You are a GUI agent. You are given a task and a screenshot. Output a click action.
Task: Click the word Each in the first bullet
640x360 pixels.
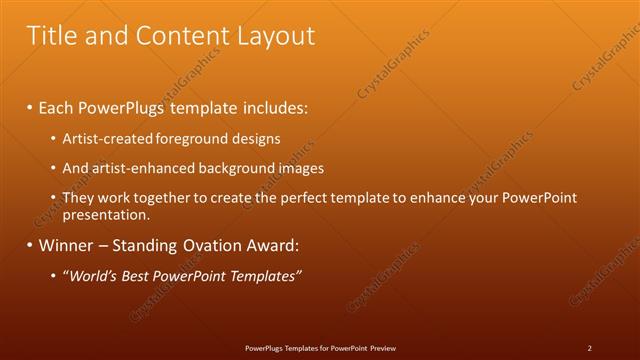(57, 106)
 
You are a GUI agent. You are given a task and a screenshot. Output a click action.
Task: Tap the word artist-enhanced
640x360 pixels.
(135, 168)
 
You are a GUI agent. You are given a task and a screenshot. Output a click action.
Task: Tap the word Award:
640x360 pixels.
(269, 245)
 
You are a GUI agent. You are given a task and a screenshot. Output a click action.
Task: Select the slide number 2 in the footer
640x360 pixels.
(589, 348)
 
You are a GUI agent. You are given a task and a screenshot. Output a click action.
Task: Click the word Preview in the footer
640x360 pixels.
(380, 348)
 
